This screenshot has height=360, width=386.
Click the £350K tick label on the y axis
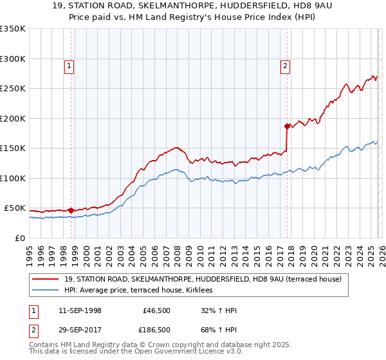coord(13,29)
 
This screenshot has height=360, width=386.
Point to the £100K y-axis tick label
coord(13,178)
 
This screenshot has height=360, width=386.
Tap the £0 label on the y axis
coord(21,238)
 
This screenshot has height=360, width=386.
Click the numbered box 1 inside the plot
coord(69,65)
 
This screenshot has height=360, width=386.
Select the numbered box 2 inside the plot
coord(284,65)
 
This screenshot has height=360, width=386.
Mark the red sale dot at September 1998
coord(71,210)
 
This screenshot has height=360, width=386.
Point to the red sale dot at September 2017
coord(287,127)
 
